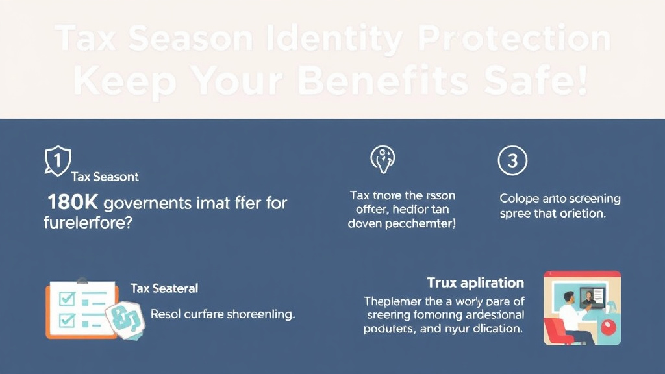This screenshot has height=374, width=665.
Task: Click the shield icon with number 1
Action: pyautogui.click(x=57, y=159)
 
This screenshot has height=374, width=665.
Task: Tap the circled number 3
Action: pyautogui.click(x=512, y=160)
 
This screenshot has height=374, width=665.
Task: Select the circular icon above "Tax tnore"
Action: pyautogui.click(x=383, y=159)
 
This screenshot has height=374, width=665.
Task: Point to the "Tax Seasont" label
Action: pyautogui.click(x=105, y=177)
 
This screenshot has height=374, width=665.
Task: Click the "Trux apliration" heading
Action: pyautogui.click(x=475, y=283)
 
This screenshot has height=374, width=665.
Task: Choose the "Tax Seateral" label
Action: pyautogui.click(x=164, y=288)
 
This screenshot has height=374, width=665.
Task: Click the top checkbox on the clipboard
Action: pyautogui.click(x=67, y=299)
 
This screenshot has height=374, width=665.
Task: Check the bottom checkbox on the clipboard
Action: pyautogui.click(x=67, y=320)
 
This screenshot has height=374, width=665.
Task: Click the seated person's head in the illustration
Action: pyautogui.click(x=568, y=298)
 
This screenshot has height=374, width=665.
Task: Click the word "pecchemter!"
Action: pyautogui.click(x=421, y=223)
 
